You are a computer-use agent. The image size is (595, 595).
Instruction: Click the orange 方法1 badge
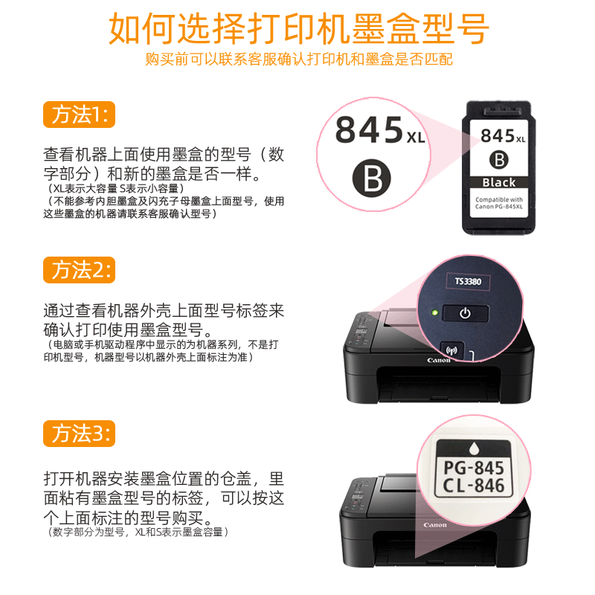[x=80, y=115]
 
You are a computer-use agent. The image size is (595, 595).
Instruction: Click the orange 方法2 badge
[x=80, y=269]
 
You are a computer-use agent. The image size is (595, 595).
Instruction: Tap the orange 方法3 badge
[x=80, y=433]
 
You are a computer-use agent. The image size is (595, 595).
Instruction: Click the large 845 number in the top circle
[x=369, y=129]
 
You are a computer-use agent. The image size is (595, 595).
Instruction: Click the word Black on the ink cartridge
[x=498, y=182]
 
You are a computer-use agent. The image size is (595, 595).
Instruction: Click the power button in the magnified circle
[x=464, y=313]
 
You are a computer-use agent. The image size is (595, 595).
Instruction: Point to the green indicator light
[x=432, y=312]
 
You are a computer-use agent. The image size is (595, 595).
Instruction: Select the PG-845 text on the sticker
[x=473, y=468]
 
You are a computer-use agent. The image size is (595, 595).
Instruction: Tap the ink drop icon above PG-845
[x=474, y=449]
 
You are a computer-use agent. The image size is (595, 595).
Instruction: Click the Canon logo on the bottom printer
[x=435, y=525]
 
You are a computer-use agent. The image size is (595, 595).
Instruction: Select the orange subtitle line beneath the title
[x=298, y=59]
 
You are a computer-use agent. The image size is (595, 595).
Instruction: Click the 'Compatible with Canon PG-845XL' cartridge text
[x=498, y=202]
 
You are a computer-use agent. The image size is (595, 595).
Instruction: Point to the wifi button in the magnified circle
[x=448, y=348]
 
